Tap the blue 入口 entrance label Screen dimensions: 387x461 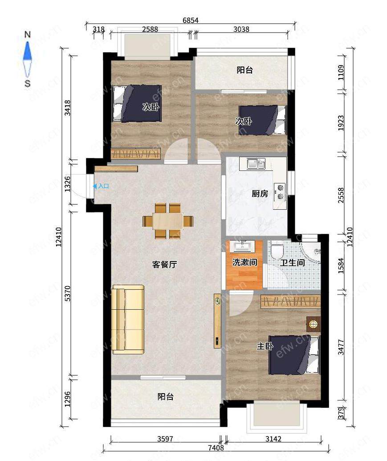(x=103, y=186)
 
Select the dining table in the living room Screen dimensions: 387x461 (x=168, y=220)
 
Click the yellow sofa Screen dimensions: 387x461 (x=128, y=319)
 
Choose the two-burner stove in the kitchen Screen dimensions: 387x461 (x=280, y=192)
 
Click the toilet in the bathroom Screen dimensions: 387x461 (x=277, y=249)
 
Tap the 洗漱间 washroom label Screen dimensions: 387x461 (x=244, y=262)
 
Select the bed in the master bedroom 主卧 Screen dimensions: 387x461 (x=294, y=355)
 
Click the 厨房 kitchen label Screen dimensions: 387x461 (x=260, y=193)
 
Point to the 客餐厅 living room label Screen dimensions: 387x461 (x=164, y=265)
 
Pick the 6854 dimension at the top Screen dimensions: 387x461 (x=191, y=20)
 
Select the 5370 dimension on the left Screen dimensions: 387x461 (x=68, y=293)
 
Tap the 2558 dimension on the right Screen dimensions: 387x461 (x=341, y=195)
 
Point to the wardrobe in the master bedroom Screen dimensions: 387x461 (x=290, y=302)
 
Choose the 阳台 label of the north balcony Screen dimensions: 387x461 (x=244, y=70)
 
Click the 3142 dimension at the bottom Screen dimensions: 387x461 (x=273, y=439)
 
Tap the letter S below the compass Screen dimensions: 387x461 (x=27, y=83)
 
